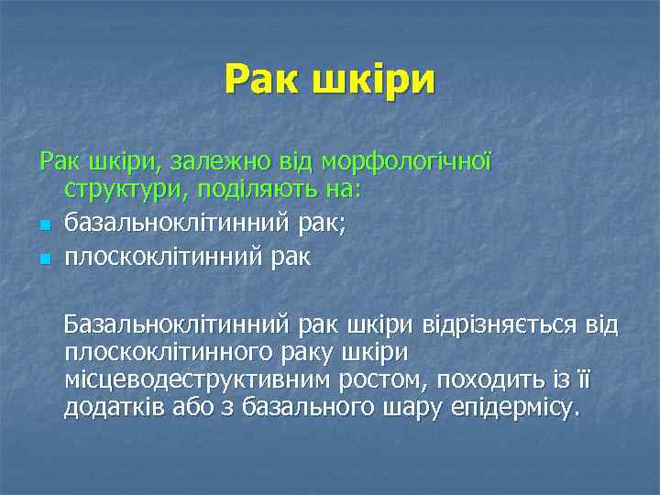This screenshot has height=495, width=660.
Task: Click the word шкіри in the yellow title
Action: pos(374,82)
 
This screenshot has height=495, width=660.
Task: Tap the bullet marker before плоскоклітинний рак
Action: pos(43,259)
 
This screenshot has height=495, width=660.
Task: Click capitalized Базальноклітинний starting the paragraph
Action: pos(176,324)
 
